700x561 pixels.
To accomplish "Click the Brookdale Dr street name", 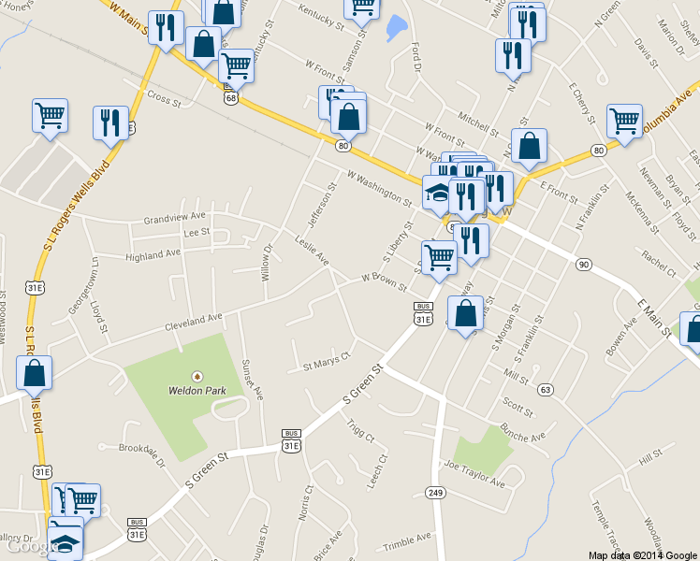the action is click(x=142, y=448).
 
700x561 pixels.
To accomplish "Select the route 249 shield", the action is click(x=435, y=492).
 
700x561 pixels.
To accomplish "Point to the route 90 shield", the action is click(x=583, y=265).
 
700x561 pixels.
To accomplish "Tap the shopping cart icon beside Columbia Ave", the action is click(x=624, y=119).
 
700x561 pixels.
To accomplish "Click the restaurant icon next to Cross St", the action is click(x=110, y=122).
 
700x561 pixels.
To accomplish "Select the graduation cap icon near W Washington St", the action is click(x=437, y=192).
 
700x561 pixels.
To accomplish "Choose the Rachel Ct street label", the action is click(x=660, y=265).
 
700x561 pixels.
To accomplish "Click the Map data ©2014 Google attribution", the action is click(x=642, y=554).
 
